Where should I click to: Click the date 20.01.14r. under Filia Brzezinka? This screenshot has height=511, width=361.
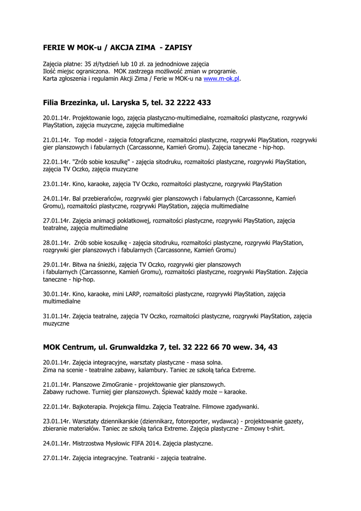click(x=57, y=118)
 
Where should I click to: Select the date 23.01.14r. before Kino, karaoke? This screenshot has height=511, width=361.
click(x=57, y=184)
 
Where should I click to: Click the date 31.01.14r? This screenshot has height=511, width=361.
click(x=57, y=316)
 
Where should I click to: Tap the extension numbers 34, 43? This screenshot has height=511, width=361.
click(x=267, y=347)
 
